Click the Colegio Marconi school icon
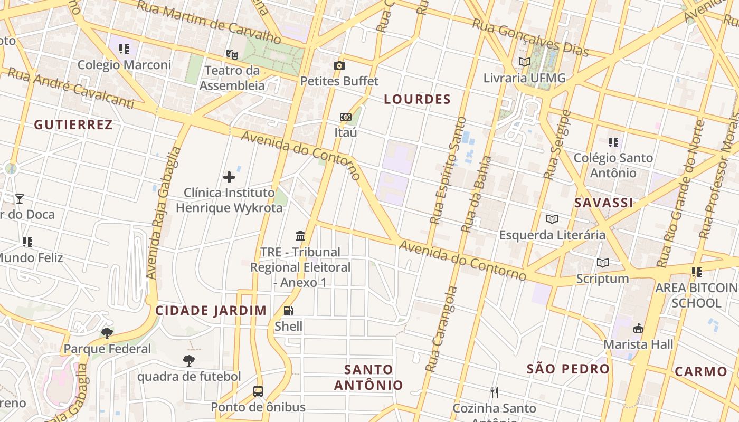click(124, 49)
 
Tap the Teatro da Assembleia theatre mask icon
click(232, 54)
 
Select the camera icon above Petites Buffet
click(339, 65)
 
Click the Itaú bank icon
click(346, 117)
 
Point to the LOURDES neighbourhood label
click(417, 99)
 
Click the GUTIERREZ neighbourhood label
click(73, 124)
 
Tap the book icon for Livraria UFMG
click(524, 62)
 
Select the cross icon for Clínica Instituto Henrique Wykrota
click(229, 177)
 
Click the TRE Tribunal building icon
click(300, 236)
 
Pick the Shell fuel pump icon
click(288, 311)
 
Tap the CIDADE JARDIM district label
click(211, 310)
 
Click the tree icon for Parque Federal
click(107, 333)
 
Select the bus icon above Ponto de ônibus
click(258, 391)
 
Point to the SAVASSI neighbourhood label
click(603, 203)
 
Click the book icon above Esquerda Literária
click(552, 219)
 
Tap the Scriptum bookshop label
click(602, 278)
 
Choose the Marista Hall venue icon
click(638, 328)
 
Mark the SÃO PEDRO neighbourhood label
click(568, 369)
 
